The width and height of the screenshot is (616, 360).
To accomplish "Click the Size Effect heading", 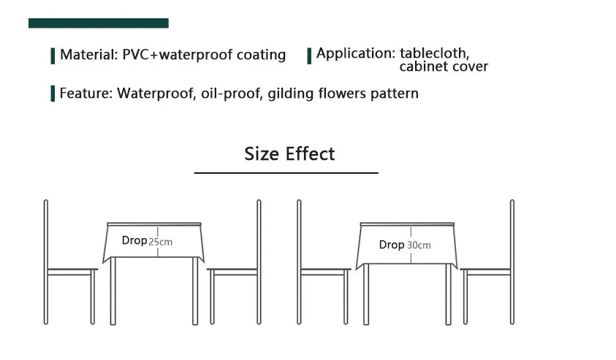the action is coord(289,154).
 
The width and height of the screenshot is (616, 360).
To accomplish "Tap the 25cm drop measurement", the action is coord(161,242).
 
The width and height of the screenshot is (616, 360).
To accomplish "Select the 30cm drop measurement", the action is coord(419,245).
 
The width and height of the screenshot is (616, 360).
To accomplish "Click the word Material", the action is coord(86,55).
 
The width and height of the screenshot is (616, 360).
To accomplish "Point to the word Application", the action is coord(354,53).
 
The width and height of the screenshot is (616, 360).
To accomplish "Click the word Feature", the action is coord(85,93).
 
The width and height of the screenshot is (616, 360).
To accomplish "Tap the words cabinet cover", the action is coord(443,67).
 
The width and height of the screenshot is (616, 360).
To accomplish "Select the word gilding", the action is coord(287,93).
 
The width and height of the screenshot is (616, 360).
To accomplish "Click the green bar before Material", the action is coord(53,55).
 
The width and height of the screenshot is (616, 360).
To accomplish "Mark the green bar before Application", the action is coord(309,55).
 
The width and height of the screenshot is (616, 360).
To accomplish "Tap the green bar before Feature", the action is coord(53,93).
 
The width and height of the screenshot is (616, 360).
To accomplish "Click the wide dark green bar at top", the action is coord(99,23).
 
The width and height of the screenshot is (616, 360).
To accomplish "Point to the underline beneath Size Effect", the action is coord(286,173).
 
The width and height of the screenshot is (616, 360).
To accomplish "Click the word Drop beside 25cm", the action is coord(134,241).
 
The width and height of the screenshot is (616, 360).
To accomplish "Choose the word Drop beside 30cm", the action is coord(392,245).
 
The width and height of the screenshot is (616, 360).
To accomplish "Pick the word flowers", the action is coord(341,93).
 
